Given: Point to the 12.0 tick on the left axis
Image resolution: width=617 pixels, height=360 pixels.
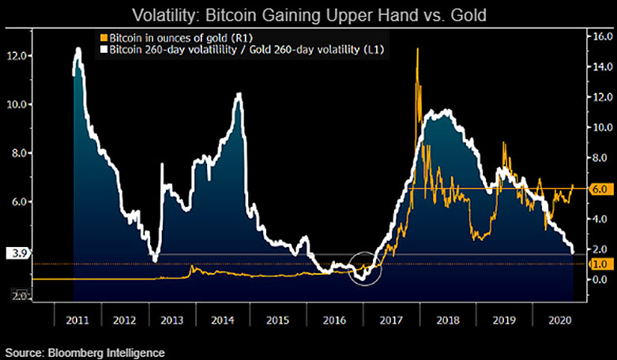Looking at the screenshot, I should coord(17,55).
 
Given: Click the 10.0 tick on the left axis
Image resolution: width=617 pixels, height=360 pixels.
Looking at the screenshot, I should coord(17,104).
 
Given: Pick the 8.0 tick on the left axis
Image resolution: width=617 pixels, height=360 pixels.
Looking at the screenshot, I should coord(17,153).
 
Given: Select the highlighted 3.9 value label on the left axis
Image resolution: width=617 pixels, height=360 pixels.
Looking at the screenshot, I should coord(16,253).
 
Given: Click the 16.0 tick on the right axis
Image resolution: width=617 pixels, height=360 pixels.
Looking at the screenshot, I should coord(597,36).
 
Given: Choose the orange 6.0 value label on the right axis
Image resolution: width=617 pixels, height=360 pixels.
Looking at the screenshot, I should coord(597,189).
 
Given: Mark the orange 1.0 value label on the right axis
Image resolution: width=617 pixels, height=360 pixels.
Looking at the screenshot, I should coord(597,264).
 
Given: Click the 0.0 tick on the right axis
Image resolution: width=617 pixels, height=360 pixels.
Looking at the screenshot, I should coord(597,279).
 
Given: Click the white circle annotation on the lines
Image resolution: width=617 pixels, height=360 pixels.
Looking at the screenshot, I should coord(364,268).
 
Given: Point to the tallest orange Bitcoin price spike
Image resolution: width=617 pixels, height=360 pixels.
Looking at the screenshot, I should coord(416,51).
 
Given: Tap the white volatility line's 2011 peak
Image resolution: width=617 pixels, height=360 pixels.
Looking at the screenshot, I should coord(77,50).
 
